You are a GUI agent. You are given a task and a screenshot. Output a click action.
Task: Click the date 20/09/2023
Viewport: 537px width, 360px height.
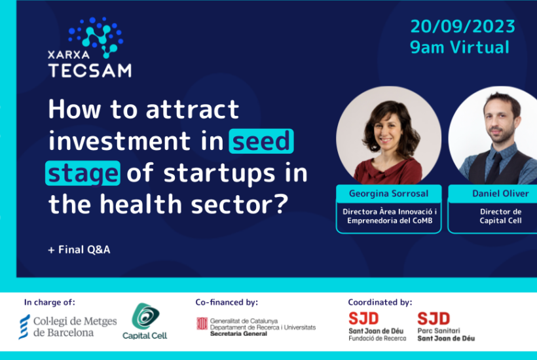[x=463, y=26]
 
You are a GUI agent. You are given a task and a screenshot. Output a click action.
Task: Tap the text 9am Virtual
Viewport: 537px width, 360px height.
[x=460, y=47]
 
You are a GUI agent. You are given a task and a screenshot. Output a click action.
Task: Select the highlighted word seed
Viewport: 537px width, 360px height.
[x=261, y=141]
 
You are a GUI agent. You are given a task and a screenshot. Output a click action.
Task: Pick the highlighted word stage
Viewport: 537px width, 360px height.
[x=83, y=173]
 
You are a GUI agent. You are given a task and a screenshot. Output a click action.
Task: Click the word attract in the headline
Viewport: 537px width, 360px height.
[x=193, y=109]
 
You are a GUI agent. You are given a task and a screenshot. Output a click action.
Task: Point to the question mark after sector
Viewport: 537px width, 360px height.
[x=282, y=204]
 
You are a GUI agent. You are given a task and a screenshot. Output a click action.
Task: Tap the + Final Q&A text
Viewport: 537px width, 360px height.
[x=79, y=249]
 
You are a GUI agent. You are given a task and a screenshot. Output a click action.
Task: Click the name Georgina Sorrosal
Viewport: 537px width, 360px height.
[x=389, y=194]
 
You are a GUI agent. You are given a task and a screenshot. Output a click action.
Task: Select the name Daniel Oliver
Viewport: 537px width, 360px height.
[x=501, y=194]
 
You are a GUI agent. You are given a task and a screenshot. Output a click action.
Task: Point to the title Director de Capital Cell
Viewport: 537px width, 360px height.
[x=501, y=216]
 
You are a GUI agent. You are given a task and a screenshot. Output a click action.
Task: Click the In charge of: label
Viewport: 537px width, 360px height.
[x=49, y=302]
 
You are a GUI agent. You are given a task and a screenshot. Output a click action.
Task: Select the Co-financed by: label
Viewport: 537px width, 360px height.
[x=227, y=302]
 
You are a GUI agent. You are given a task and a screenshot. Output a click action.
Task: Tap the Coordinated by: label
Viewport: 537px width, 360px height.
[x=380, y=302]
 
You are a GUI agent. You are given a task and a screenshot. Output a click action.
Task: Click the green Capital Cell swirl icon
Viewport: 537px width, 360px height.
[x=145, y=316]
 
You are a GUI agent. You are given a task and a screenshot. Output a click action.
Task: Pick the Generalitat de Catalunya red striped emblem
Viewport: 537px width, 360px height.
[x=202, y=323]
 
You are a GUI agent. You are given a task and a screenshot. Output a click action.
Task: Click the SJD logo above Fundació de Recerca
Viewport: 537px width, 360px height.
[x=363, y=318]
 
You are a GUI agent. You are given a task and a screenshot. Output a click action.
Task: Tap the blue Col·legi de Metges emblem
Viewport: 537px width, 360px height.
[x=24, y=327]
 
